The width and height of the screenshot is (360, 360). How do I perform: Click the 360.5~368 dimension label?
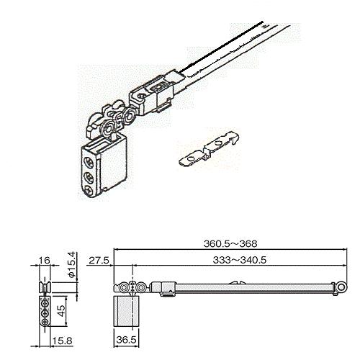[x=230, y=243]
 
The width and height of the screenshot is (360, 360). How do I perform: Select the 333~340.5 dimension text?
[x=240, y=260]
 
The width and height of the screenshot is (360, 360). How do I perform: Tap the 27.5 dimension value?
[x=99, y=260]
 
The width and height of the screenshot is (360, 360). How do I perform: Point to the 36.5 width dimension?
[x=126, y=340]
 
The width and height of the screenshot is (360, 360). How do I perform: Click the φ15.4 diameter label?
[x=73, y=265]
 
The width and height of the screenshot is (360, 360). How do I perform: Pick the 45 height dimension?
[x=61, y=311]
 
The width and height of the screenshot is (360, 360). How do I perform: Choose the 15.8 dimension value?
[x=62, y=341]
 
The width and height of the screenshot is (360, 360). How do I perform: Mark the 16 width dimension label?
[x=45, y=260]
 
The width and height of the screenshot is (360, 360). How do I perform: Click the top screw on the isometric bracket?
[x=89, y=163]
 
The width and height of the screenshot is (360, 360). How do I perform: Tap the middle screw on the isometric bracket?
[x=89, y=178]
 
